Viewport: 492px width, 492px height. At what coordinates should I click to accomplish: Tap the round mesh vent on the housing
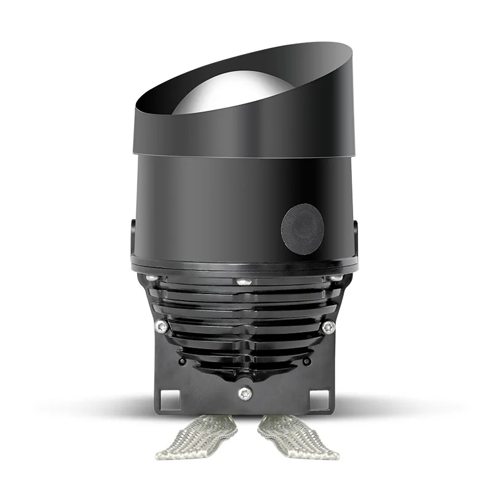303,228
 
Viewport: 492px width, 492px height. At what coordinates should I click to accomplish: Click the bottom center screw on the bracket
247,391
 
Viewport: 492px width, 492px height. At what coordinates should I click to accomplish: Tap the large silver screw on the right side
328,327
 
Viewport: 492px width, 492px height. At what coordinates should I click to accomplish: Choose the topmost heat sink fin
246,292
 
